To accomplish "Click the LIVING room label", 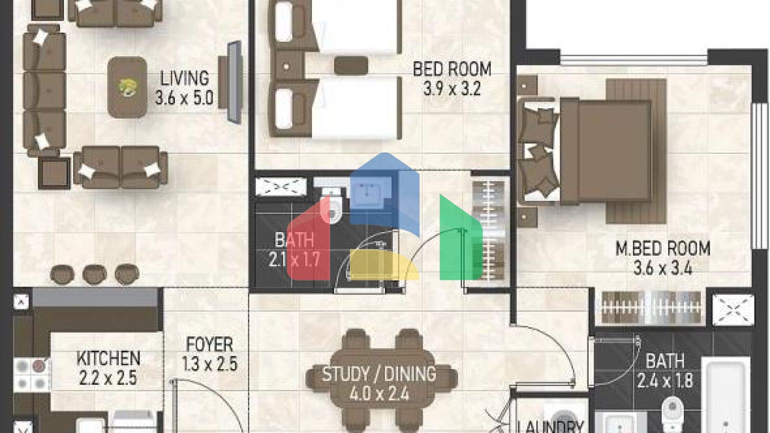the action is [184, 78].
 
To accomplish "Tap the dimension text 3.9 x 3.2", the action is [452, 89].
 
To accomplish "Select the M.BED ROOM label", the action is [663, 249].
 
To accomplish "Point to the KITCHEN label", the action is [108, 358].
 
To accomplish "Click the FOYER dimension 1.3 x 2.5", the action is [210, 363].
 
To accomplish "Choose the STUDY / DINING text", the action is [379, 374].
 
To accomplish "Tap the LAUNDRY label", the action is [551, 426].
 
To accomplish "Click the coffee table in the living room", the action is [127, 87].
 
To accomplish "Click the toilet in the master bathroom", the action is [672, 414].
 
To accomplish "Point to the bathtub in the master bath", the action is [725, 394].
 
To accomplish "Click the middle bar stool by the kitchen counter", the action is [95, 274].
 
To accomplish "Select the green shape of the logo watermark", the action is [461, 237].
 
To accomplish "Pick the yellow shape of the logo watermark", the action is [384, 265].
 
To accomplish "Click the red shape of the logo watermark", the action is [308, 241].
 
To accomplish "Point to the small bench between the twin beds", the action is [351, 65].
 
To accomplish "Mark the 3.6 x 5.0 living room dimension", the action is [184, 98].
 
